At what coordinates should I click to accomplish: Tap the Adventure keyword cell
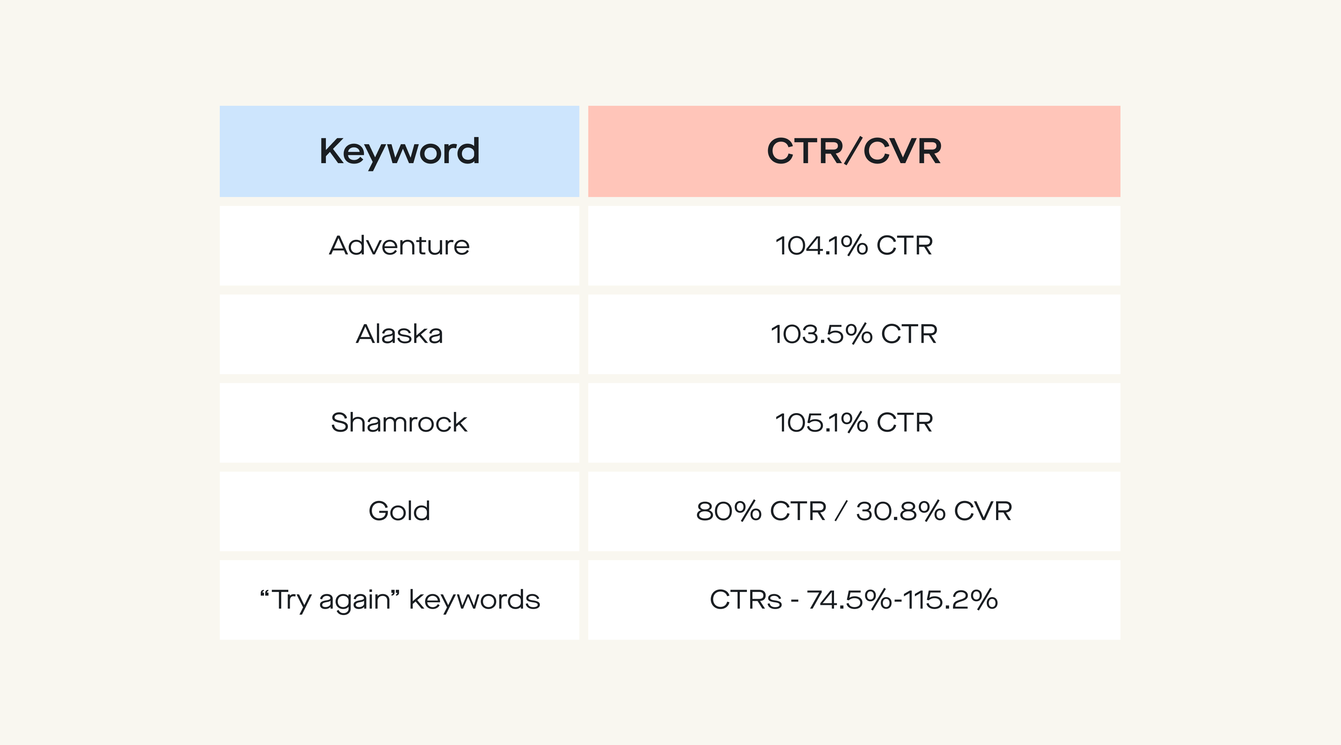pos(399,246)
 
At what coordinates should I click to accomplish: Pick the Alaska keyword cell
pos(399,334)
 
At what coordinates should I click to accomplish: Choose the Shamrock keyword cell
pos(399,423)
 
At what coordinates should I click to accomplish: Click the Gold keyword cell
pos(399,511)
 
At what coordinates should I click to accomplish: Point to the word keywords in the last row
pos(474,600)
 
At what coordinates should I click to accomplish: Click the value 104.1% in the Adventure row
pos(821,246)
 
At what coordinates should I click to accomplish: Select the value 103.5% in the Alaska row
pos(821,334)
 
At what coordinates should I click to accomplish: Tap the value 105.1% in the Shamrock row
pos(821,423)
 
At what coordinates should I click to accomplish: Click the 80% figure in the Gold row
pos(729,511)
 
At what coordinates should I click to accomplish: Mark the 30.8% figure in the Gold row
pos(901,511)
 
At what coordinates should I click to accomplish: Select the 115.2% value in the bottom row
pos(950,600)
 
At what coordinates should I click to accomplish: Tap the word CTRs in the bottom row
pos(745,600)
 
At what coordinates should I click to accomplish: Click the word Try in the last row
pos(292,600)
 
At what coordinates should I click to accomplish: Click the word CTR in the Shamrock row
pos(904,423)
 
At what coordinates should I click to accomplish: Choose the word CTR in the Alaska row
pos(909,334)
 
